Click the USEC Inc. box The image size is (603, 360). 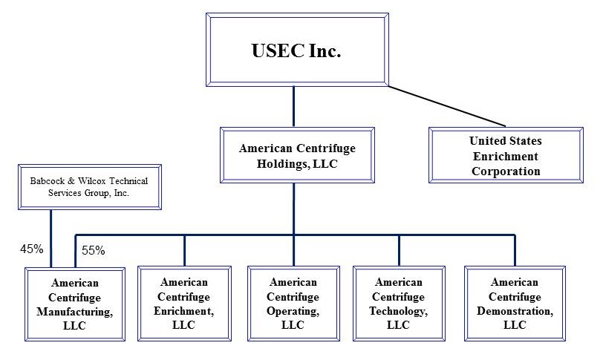(x=298, y=50)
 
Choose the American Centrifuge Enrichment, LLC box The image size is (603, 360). (x=184, y=304)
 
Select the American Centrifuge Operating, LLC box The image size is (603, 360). (x=293, y=304)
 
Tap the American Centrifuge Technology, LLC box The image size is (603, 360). (x=398, y=304)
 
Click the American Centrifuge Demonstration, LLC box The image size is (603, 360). (x=514, y=304)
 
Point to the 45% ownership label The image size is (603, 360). (x=32, y=249)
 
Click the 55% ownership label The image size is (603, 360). (x=93, y=251)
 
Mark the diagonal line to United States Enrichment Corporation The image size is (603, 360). (x=446, y=105)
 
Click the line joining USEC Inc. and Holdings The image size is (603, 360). (x=294, y=106)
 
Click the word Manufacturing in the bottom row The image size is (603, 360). (x=74, y=312)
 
